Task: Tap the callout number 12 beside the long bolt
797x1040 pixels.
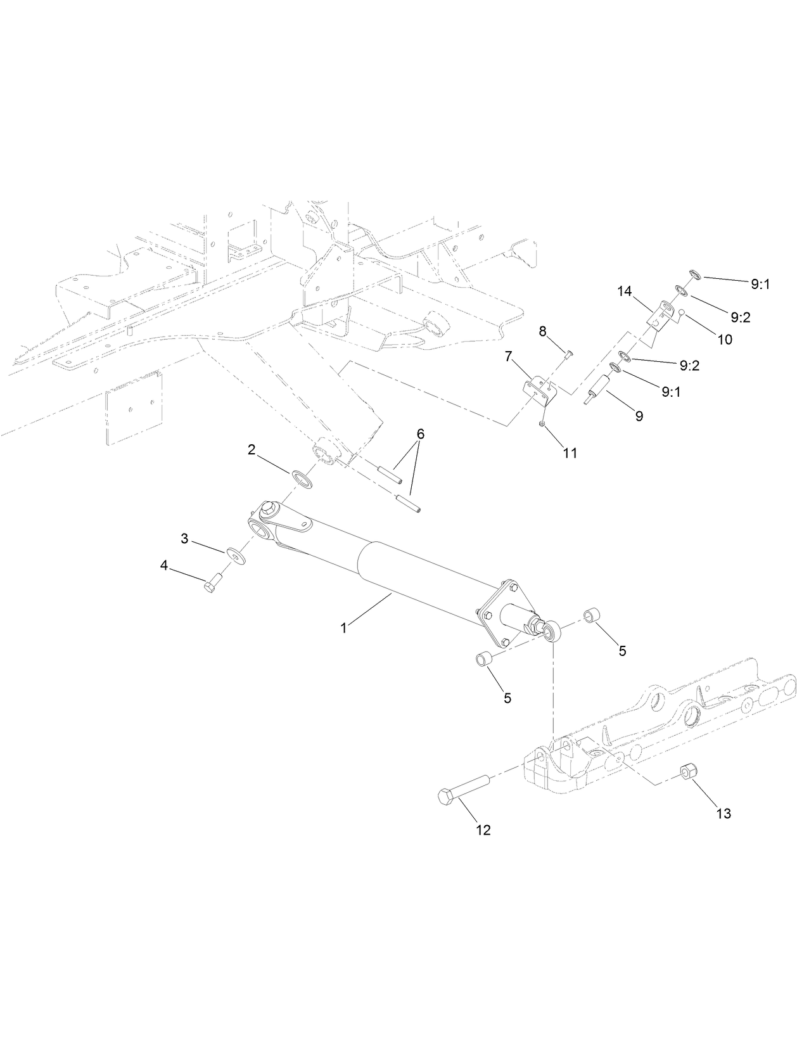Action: [x=483, y=830]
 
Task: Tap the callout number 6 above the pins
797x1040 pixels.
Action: [x=421, y=435]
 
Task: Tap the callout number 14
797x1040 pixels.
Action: [x=625, y=291]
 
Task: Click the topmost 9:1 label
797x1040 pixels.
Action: [x=760, y=285]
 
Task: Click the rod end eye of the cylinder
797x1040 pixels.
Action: [x=553, y=631]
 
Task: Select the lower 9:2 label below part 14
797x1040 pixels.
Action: [x=689, y=366]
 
